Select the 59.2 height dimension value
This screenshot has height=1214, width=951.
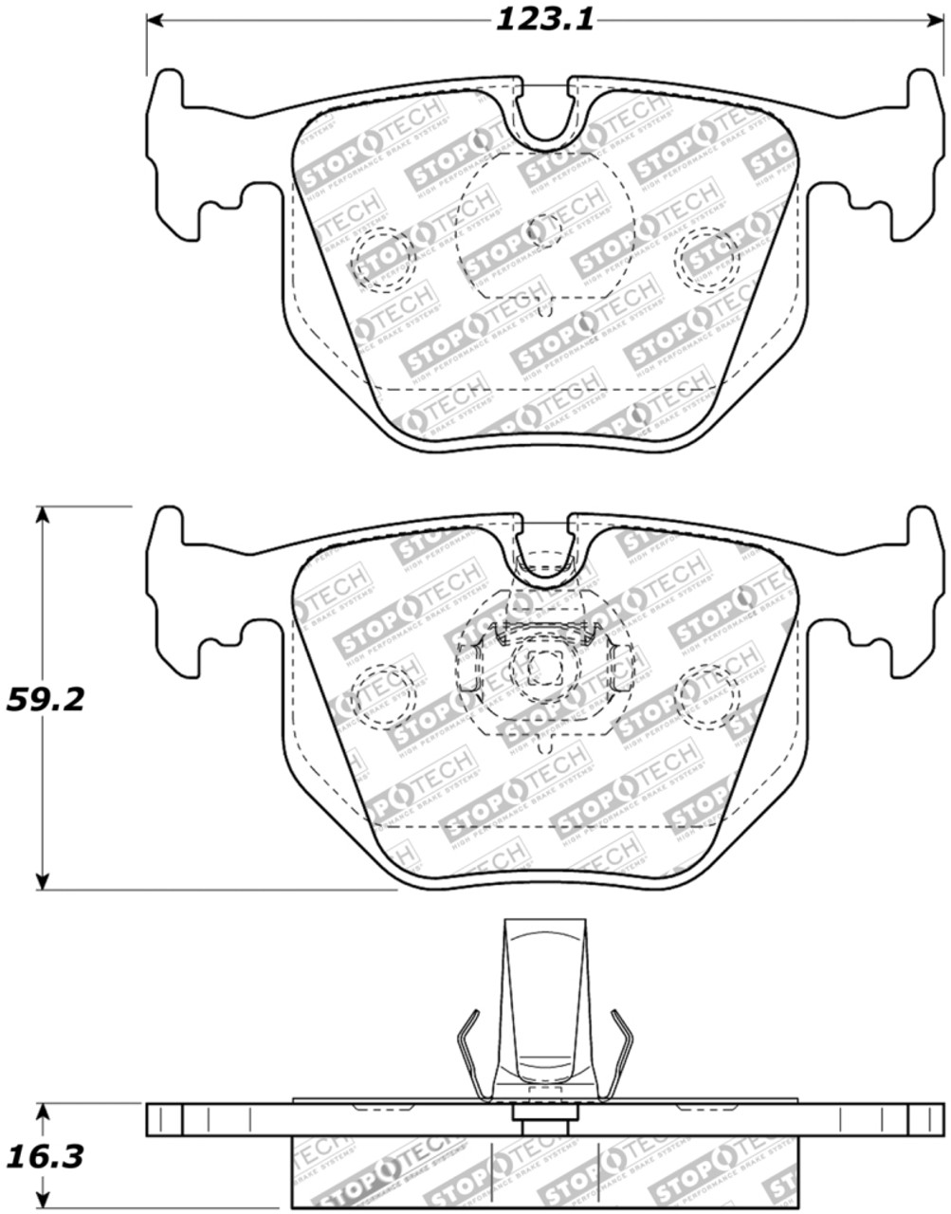45,700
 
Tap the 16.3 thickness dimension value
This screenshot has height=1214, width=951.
45,1156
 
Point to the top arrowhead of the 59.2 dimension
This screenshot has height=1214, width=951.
42,515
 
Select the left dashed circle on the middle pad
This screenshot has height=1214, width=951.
385,695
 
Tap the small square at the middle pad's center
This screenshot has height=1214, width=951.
544,668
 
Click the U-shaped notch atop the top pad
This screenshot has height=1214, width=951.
544,114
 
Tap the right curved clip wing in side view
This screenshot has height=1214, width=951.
614,1053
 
